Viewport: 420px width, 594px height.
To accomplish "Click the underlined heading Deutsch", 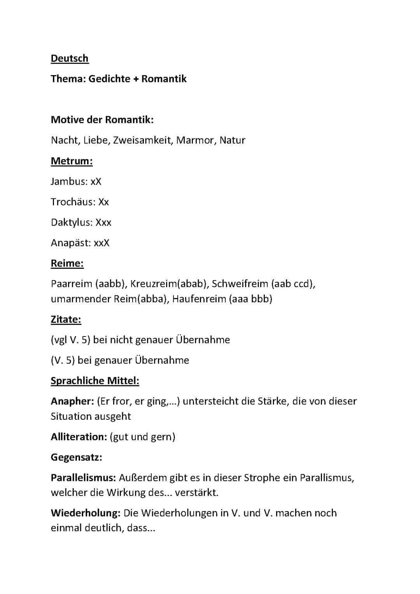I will [70, 58].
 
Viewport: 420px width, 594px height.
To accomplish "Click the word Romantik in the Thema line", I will [164, 79].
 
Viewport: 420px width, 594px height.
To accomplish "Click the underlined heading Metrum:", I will [72, 161].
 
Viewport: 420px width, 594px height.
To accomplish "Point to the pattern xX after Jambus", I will [96, 182].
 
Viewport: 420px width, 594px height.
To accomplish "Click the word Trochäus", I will [73, 202].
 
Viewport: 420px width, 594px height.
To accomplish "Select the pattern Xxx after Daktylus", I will [103, 223].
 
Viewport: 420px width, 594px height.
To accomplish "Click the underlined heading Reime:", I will [67, 263].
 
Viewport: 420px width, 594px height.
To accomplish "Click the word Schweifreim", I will [240, 284].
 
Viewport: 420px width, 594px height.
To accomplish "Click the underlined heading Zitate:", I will [66, 319].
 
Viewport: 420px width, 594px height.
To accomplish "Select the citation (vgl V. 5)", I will [70, 340].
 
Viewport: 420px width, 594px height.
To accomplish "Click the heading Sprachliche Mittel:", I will [95, 380].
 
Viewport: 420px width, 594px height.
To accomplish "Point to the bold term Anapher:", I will [72, 401].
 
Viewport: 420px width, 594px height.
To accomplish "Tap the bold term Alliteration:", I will [79, 437].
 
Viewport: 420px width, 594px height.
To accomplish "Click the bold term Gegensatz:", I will [76, 457].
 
